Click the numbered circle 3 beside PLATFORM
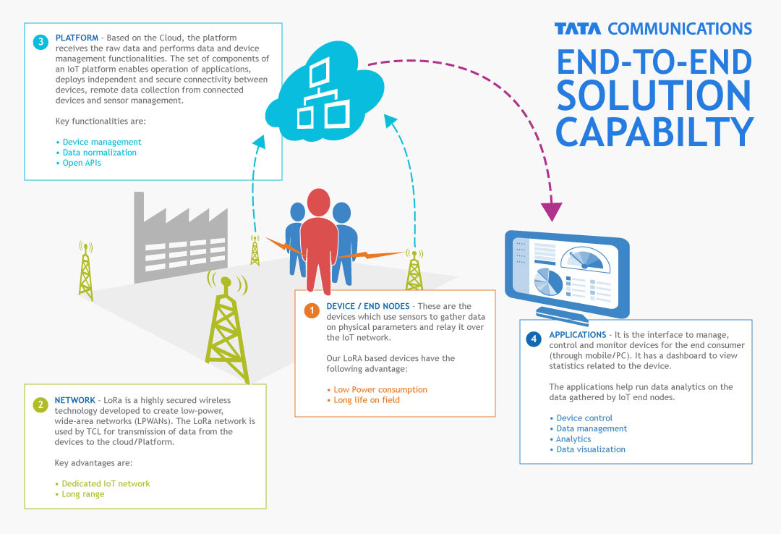point(40,41)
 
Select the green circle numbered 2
point(40,404)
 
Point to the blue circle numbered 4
point(534,339)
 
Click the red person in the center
point(319,239)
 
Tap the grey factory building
point(181,239)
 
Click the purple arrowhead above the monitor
point(551,211)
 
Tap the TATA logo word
point(579,29)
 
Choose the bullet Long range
point(82,494)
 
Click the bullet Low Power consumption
point(380,389)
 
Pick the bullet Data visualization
point(590,449)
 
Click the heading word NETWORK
point(74,400)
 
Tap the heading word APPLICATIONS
point(577,335)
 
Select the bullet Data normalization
point(99,153)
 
